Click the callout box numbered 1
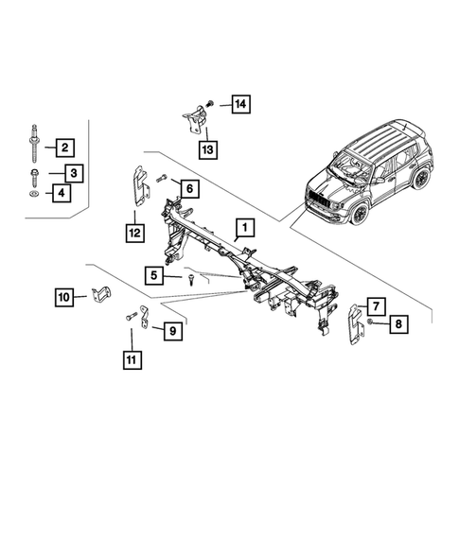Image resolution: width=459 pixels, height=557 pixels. pos(244,228)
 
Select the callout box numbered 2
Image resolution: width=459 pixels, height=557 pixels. pos(64,148)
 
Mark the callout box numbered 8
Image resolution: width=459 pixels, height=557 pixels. pos(397,324)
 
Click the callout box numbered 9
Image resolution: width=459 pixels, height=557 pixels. pos(172,330)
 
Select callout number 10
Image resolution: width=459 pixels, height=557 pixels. pos(63,299)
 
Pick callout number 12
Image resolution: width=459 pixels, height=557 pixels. pos(135,230)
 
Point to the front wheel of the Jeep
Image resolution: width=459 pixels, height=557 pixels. pos(360,213)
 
